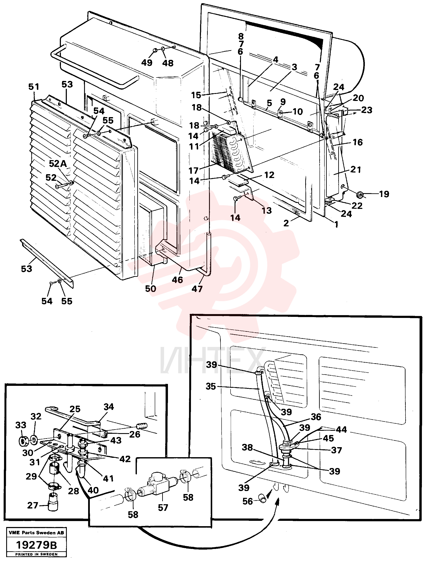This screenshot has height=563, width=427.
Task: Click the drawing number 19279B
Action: point(36,545)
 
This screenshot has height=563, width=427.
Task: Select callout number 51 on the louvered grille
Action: point(34,87)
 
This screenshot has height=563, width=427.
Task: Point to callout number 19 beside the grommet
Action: point(384,194)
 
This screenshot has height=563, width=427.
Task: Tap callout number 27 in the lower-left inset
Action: point(33,505)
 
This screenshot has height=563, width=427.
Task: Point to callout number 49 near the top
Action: point(147,63)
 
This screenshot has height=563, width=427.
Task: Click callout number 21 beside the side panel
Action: point(356,169)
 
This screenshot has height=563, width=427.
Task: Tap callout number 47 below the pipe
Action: point(197,289)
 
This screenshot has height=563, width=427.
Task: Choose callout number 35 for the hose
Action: point(211,386)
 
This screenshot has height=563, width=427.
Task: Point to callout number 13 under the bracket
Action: point(267,211)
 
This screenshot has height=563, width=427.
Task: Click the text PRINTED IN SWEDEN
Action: point(36,554)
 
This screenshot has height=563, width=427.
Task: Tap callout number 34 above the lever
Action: point(109,406)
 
